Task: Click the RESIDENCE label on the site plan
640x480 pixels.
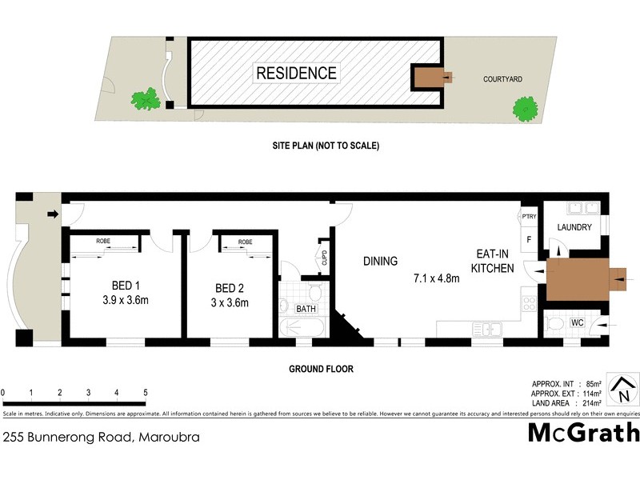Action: tap(296, 73)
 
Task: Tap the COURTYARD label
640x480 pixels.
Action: tap(502, 79)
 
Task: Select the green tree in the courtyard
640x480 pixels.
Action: tap(525, 108)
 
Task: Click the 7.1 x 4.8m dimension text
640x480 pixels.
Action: tap(437, 279)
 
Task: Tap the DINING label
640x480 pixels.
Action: tap(380, 261)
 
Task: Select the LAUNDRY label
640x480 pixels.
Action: tap(575, 227)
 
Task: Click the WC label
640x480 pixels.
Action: tap(578, 322)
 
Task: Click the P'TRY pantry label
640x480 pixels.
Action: tap(529, 217)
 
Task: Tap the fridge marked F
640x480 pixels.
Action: tap(529, 238)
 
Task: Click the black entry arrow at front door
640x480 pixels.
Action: tap(53, 214)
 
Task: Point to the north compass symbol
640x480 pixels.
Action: tap(621, 390)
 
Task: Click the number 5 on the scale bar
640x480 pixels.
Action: tap(145, 393)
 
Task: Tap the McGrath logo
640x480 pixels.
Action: tap(584, 433)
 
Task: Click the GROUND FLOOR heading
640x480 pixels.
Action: tap(320, 370)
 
